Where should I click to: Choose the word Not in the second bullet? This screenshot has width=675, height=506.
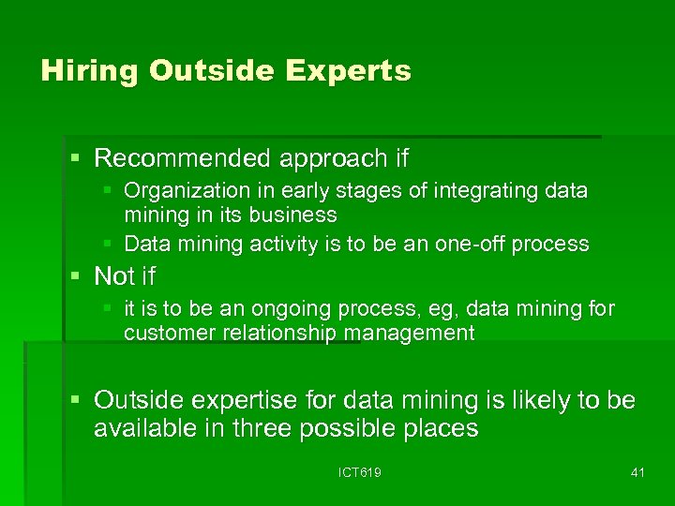pos(114,276)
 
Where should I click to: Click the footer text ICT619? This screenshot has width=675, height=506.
pos(359,472)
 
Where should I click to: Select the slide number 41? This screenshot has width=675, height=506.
pos(637,472)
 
